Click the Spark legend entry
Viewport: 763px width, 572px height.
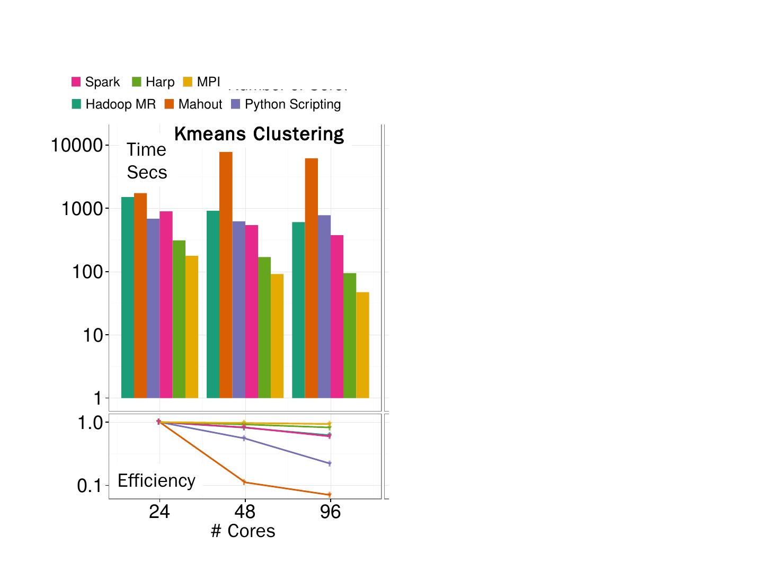(96, 82)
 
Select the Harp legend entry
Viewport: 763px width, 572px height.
(153, 82)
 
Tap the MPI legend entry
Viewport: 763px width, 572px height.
(202, 82)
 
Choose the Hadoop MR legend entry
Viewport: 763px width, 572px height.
(114, 104)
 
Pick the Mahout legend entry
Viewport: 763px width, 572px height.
(193, 104)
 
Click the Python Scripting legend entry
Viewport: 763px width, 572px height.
(286, 104)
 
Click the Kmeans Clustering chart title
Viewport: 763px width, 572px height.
(259, 134)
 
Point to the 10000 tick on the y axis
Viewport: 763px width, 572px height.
(76, 145)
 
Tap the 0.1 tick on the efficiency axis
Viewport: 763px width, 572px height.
(88, 486)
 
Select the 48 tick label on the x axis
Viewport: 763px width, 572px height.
(244, 512)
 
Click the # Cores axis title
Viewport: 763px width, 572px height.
(243, 531)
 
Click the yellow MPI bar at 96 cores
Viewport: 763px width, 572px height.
(362, 345)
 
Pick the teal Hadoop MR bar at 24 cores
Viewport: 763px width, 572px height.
(128, 297)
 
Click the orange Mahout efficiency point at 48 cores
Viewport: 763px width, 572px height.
(244, 482)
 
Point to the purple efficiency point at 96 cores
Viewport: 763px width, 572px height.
(330, 463)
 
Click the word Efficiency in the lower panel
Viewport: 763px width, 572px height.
(156, 480)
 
